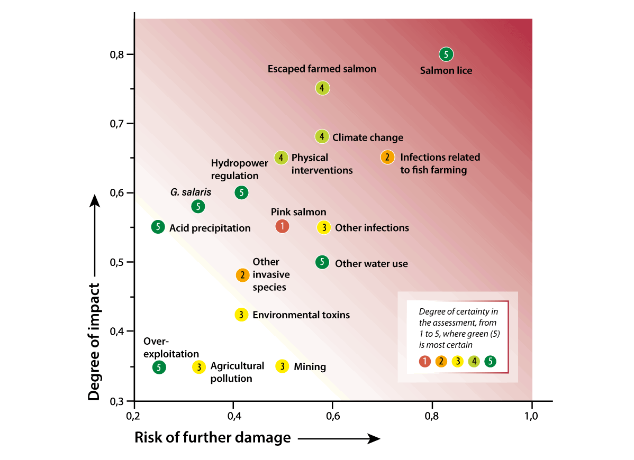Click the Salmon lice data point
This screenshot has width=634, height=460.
[446, 54]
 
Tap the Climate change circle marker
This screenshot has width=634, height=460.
[322, 136]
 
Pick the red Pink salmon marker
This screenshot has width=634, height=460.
[282, 226]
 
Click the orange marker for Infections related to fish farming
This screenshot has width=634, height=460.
[387, 157]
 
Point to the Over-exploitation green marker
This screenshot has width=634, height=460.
[159, 367]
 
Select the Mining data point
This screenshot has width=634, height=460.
[283, 366]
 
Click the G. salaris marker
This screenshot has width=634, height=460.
[198, 206]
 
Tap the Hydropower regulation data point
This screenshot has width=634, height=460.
[241, 192]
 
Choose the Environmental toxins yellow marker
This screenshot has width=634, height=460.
[241, 314]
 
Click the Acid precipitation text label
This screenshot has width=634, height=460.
[210, 228]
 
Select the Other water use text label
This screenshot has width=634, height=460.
[372, 263]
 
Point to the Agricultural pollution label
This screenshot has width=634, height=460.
[237, 372]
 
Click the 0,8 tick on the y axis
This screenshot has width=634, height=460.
[115, 54]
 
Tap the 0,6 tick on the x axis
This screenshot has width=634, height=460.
[332, 416]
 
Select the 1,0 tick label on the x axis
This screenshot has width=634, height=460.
[531, 416]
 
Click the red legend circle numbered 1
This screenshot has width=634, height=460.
[424, 361]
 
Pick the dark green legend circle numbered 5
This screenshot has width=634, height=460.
[491, 361]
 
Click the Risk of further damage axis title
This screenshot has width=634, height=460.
[212, 438]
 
